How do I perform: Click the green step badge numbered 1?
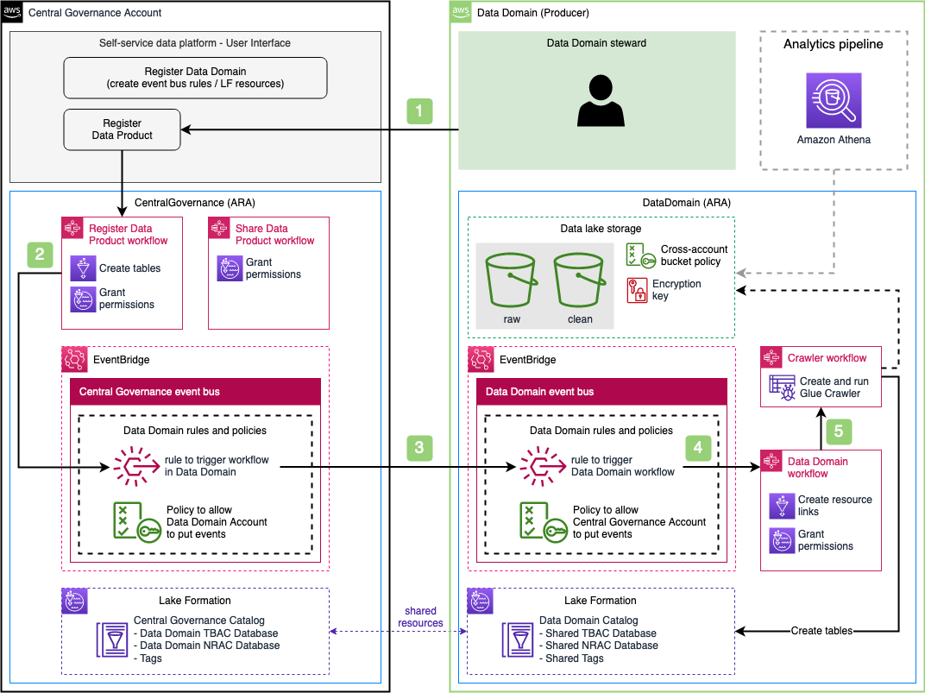pos(419,110)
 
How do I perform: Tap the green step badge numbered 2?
pos(40,255)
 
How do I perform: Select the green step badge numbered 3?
pos(419,448)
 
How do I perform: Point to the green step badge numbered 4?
pos(698,448)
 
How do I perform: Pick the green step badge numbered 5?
pos(839,432)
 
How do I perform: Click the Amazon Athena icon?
pos(834,100)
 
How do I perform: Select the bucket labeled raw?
pos(511,280)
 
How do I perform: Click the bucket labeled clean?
pos(579,280)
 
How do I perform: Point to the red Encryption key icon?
pos(637,290)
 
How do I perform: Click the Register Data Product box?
pos(123,129)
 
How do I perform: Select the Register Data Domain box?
pos(195,78)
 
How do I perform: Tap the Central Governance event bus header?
pos(195,392)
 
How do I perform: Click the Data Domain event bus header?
pos(601,392)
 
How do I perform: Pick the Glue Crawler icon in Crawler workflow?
pos(783,387)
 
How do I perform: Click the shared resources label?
pos(420,617)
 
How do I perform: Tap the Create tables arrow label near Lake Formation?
pos(821,631)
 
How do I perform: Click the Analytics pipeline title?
pos(833,44)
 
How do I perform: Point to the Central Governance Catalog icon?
pos(112,639)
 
